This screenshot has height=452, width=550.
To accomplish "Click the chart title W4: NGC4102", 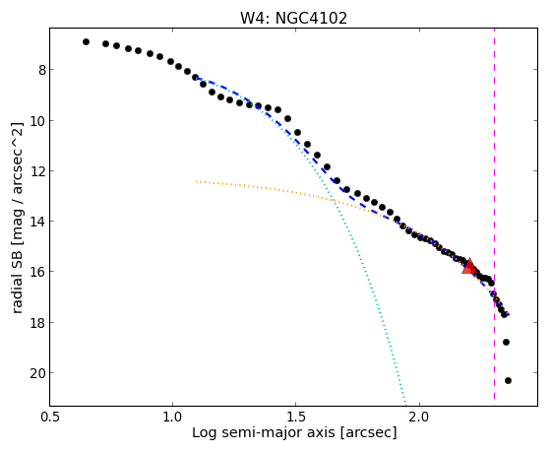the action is click(x=293, y=18).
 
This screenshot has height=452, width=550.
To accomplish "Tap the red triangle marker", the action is click(x=469, y=266).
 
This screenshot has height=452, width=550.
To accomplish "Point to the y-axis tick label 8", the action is click(x=42, y=70).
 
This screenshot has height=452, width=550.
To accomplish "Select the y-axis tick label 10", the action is click(x=38, y=121).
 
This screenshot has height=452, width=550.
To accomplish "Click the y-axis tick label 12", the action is click(x=38, y=171).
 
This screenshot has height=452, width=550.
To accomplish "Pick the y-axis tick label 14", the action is click(x=38, y=222).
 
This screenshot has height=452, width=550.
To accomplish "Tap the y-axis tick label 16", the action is click(x=38, y=272).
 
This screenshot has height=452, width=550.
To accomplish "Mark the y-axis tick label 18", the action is click(x=38, y=323).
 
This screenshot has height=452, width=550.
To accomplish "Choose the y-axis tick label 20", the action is click(x=38, y=373).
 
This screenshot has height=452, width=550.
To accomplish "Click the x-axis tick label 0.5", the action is click(x=50, y=417).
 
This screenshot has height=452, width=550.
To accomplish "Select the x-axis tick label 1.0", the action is click(x=172, y=417).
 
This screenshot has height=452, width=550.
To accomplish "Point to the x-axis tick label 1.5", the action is click(x=296, y=417).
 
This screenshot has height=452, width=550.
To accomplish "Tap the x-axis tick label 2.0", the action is click(x=420, y=417).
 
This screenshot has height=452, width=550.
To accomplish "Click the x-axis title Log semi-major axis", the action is click(x=263, y=433).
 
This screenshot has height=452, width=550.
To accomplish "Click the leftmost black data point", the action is click(x=86, y=41).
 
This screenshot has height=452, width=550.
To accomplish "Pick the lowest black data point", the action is click(x=508, y=380).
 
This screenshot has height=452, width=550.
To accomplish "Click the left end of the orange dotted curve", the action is click(x=197, y=181).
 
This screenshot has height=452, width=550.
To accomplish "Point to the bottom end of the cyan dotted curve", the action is click(x=405, y=403).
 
